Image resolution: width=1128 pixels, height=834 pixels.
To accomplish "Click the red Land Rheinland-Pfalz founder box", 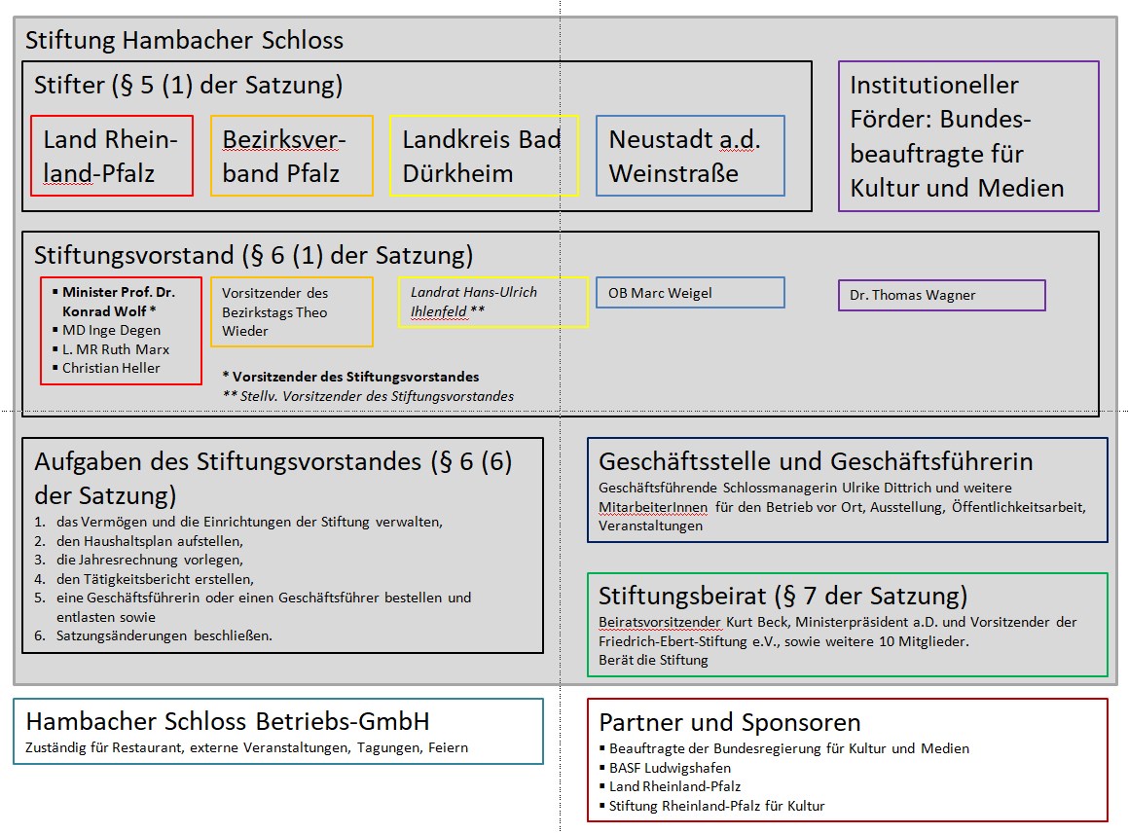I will coord(112,156).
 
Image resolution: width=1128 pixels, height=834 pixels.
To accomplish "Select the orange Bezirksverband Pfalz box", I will coord(291,156).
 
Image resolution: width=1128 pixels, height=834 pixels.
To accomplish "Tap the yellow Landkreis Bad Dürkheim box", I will coord(484,156).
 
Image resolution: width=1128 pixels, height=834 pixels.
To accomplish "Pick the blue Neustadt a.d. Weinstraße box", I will coord(690,156).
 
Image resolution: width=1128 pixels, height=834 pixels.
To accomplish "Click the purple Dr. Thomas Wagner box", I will coord(941,295).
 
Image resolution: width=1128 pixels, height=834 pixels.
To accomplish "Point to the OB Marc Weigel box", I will coord(689,292).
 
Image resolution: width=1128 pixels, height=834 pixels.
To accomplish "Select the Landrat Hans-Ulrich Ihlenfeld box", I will coord(493,302).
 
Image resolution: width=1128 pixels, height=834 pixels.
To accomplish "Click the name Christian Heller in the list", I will coord(111,368).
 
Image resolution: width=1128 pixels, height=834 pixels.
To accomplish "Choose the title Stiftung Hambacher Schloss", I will coord(184,41).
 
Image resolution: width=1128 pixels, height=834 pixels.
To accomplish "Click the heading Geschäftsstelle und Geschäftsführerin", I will coord(816,461).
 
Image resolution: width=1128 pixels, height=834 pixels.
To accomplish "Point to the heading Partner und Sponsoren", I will coord(730,722).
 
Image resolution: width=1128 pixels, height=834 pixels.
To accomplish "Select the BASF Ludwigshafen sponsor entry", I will coord(670,768).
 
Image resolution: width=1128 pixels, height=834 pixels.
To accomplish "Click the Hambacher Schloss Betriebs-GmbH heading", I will coord(227,722).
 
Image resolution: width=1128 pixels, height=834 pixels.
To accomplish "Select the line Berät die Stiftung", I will coord(653,660).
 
